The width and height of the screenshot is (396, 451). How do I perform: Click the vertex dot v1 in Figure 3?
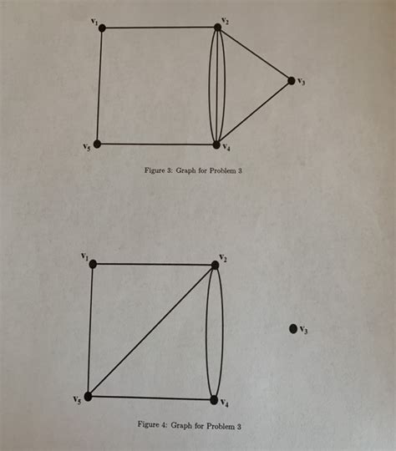click(x=102, y=28)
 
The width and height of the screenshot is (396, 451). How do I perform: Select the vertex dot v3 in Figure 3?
click(x=291, y=81)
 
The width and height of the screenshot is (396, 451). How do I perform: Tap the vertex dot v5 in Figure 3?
click(x=98, y=144)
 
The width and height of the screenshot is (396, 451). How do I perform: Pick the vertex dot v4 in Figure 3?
click(x=216, y=144)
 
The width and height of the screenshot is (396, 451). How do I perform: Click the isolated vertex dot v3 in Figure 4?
click(x=292, y=329)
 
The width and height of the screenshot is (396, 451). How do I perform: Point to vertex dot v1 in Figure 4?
click(x=93, y=264)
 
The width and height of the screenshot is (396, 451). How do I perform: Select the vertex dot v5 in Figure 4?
click(x=87, y=396)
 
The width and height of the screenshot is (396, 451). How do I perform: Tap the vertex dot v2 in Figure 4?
click(x=215, y=265)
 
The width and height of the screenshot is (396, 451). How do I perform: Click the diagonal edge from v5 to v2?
click(x=150, y=331)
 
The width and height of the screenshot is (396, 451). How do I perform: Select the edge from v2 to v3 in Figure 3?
click(x=254, y=54)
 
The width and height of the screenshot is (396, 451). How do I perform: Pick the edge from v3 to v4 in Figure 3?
click(x=254, y=113)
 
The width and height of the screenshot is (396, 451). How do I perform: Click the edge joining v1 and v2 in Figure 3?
click(x=159, y=28)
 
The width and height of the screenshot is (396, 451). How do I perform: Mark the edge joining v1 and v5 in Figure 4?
click(x=90, y=330)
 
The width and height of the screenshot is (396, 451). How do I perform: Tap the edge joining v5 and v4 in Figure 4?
click(x=150, y=398)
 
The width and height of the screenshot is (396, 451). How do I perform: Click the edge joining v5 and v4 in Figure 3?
click(x=157, y=144)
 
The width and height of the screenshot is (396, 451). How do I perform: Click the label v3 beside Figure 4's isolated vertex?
click(x=304, y=330)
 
